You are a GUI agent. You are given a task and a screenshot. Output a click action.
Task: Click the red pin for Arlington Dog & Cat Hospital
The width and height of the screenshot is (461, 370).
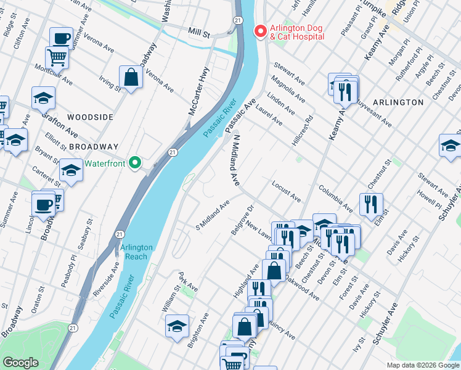coord(260,30)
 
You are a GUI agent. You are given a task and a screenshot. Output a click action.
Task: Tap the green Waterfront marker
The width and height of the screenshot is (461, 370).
coord(136,163)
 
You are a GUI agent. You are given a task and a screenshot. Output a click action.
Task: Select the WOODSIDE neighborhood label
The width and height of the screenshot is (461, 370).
coord(90,117)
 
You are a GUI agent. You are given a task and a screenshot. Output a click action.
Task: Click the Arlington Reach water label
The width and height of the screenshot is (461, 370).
coord(136,252)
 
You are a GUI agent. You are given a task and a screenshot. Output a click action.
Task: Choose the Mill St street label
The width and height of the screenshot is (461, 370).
coord(199,31)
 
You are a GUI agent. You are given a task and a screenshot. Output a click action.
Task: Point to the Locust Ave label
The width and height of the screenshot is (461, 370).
coord(286,192)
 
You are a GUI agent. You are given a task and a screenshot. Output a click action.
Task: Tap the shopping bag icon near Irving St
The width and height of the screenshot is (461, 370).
coord(131,78)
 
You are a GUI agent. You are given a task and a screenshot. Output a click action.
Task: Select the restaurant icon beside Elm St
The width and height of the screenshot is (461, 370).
coord(371,204)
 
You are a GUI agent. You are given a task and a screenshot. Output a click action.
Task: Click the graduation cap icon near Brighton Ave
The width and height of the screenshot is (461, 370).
coord(177,326)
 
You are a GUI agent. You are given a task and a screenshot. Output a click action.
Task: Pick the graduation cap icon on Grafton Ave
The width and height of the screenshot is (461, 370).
coord(43,97)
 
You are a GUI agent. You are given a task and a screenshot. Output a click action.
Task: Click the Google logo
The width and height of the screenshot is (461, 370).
coord(20,363)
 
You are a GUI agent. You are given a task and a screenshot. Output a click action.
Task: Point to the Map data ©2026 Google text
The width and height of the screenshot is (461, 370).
coord(422,365)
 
